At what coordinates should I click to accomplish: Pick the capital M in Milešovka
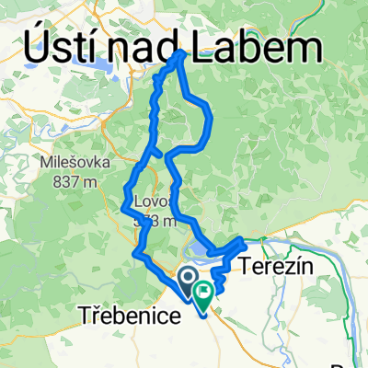[46, 162]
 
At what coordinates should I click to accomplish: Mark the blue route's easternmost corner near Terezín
[244, 241]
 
